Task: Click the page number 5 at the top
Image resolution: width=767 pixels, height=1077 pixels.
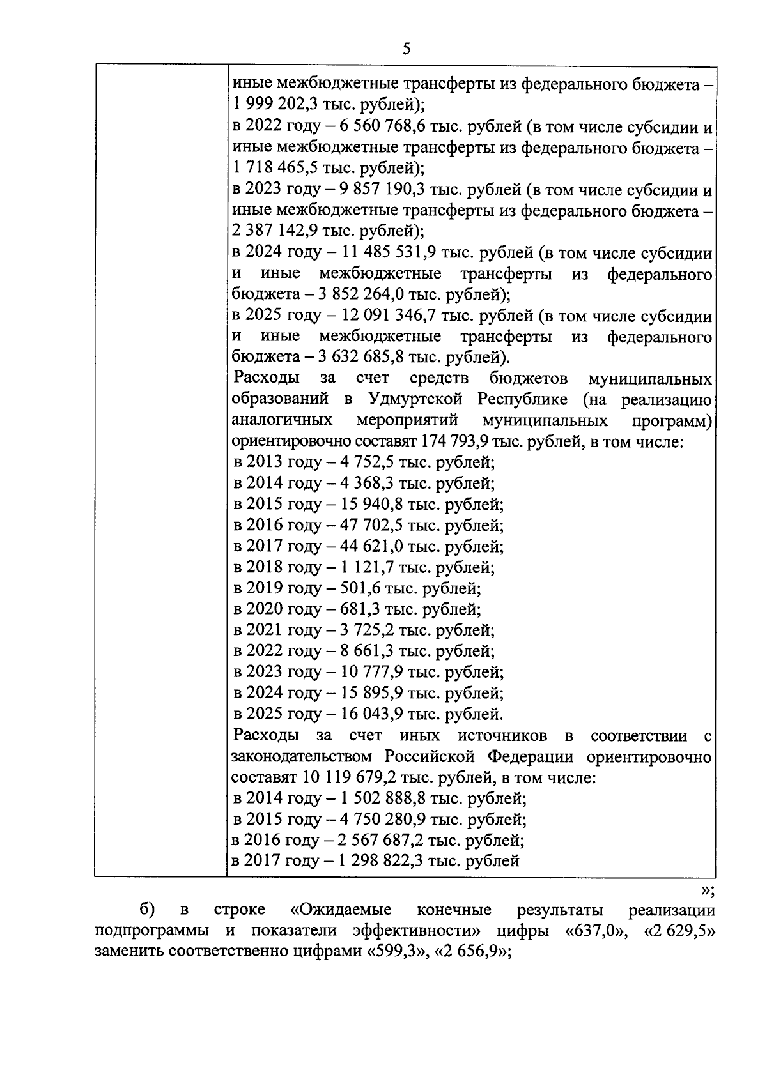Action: [x=407, y=49]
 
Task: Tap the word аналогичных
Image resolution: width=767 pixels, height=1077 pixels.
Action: [x=282, y=421]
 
